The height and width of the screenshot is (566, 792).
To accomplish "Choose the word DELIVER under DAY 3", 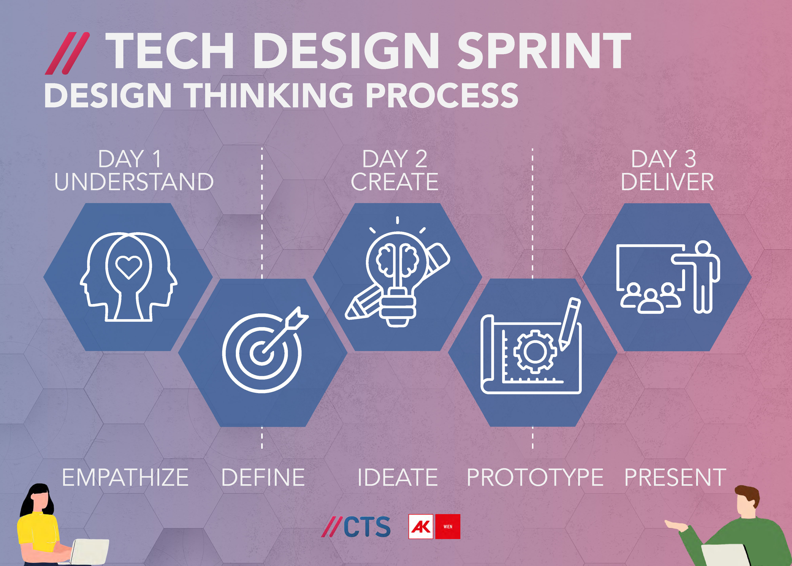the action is click(x=667, y=182).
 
